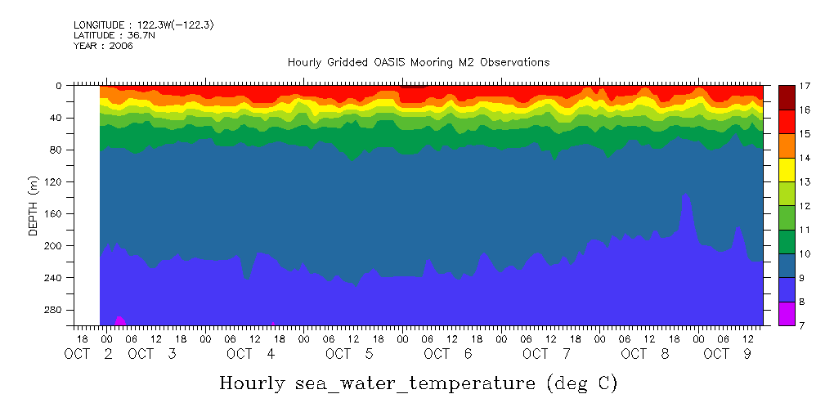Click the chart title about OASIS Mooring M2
(x=418, y=62)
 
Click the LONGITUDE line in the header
(x=143, y=25)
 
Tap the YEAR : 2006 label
(x=103, y=46)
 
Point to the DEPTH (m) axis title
(x=34, y=205)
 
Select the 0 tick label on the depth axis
(x=59, y=85)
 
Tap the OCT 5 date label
(x=349, y=354)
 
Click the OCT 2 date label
(x=90, y=354)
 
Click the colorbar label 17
(x=805, y=85)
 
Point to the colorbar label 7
(x=805, y=325)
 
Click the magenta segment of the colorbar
(x=787, y=314)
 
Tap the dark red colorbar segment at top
(x=787, y=97)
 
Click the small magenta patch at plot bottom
(x=119, y=320)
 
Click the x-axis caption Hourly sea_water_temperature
(x=418, y=383)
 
